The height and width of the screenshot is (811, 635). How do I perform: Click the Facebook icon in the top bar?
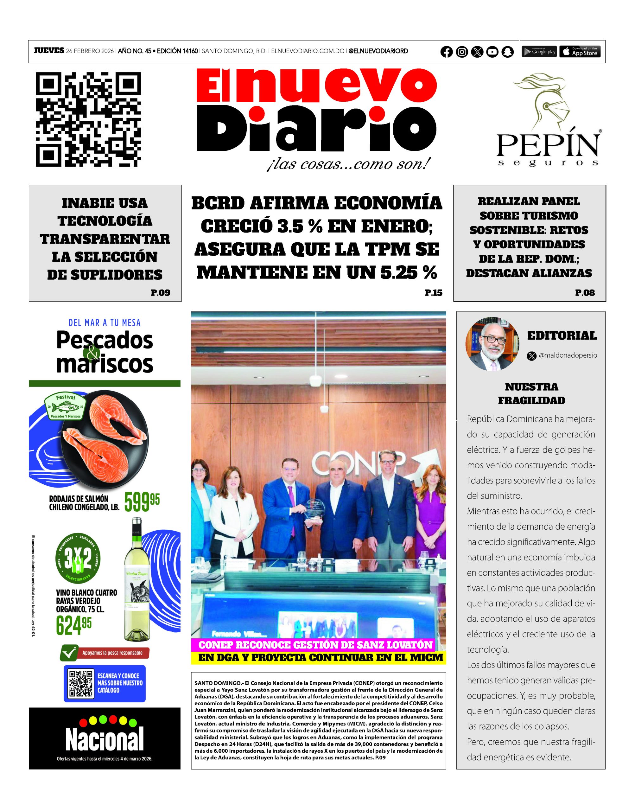447,52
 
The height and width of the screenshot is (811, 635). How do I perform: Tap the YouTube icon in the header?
492,52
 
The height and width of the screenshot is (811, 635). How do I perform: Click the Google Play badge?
539,52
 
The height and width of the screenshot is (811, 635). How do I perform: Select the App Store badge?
580,52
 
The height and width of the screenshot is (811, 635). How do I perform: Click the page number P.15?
434,293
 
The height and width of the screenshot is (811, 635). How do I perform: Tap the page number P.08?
585,293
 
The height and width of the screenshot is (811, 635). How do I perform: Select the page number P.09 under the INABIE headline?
160,293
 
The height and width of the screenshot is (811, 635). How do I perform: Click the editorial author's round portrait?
492,344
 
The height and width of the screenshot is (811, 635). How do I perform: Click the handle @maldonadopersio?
568,355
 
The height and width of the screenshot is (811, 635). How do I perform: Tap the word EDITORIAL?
562,335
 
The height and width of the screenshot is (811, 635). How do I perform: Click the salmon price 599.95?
142,501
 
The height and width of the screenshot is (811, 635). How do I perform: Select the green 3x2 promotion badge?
78,558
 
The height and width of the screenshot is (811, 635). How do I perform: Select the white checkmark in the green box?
68,653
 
